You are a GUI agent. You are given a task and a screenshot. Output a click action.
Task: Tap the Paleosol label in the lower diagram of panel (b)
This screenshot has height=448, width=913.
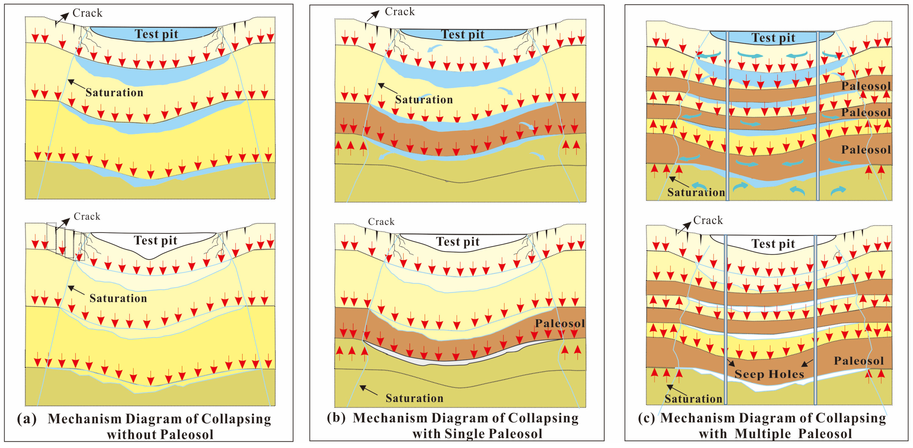point(560,323)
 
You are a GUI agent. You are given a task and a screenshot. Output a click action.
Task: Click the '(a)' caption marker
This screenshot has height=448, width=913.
point(26,419)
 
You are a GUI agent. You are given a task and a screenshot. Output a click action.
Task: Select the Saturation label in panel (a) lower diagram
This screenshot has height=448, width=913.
point(118,298)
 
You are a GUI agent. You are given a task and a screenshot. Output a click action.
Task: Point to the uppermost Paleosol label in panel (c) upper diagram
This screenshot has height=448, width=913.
point(866,86)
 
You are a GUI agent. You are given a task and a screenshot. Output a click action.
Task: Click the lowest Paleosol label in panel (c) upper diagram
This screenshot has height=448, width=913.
point(866,150)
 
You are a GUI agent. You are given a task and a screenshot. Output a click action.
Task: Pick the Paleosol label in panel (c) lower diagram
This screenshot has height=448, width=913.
point(859,361)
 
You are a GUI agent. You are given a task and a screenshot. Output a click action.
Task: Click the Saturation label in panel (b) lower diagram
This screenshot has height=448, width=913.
point(414,398)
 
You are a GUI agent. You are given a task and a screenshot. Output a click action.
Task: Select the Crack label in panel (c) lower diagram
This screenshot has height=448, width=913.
point(708,220)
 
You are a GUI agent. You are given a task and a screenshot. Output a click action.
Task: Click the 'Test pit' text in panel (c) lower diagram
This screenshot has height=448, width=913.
point(773,244)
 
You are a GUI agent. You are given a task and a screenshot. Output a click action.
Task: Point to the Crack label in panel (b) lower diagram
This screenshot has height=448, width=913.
point(381,222)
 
